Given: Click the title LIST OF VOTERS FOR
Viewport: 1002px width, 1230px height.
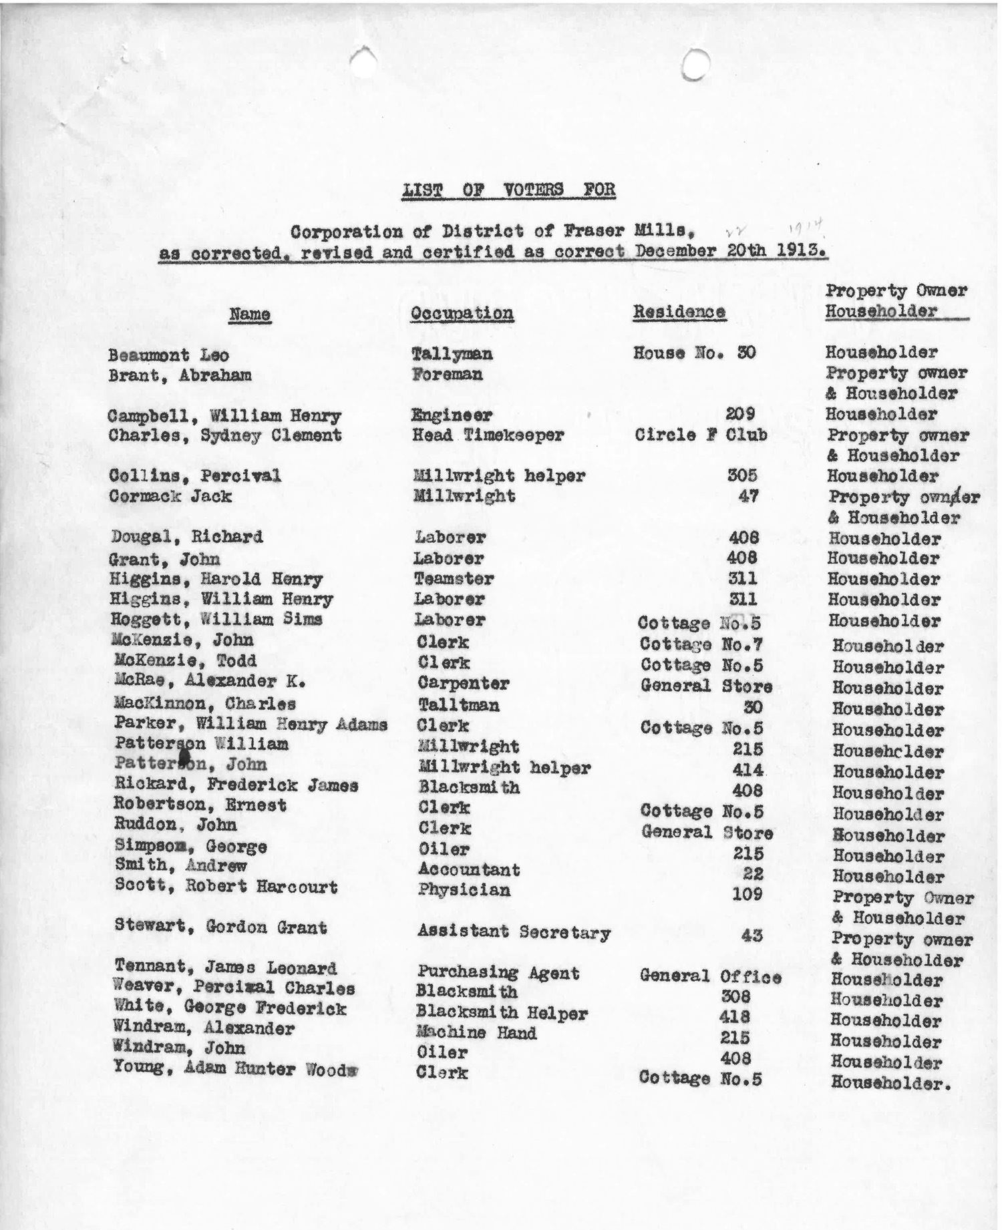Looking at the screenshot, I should pyautogui.click(x=508, y=190).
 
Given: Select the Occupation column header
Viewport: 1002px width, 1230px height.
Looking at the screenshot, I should pyautogui.click(x=462, y=313).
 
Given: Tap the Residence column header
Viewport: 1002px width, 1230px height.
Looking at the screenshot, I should pyautogui.click(x=679, y=312).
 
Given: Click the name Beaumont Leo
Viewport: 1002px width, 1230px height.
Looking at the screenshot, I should pyautogui.click(x=168, y=355).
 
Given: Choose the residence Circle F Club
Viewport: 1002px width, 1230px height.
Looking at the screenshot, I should pyautogui.click(x=701, y=435).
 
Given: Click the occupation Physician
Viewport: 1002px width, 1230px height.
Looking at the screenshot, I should pyautogui.click(x=464, y=890).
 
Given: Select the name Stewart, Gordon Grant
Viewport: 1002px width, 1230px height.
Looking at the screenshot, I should pyautogui.click(x=220, y=927).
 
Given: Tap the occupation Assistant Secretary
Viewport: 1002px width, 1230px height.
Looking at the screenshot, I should pyautogui.click(x=514, y=932).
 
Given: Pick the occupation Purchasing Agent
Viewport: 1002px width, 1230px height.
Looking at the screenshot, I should pyautogui.click(x=498, y=972).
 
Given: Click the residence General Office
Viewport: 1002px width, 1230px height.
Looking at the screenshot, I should pyautogui.click(x=710, y=976).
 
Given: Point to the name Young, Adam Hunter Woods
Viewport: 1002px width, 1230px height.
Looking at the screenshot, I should pyautogui.click(x=234, y=1068).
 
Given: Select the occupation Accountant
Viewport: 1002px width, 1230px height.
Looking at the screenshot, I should pyautogui.click(x=469, y=869).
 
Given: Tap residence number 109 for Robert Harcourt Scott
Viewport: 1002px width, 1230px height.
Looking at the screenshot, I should pyautogui.click(x=747, y=893).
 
